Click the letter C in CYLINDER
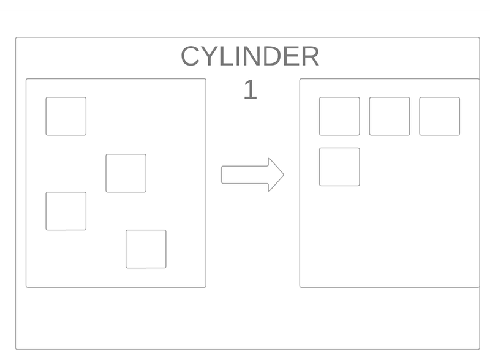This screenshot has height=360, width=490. pyautogui.click(x=190, y=56)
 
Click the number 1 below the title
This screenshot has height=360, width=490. pyautogui.click(x=251, y=89)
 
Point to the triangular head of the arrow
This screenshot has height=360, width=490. pyautogui.click(x=276, y=174)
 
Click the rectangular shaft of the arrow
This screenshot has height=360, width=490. pyautogui.click(x=245, y=174)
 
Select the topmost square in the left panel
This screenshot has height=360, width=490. pyautogui.click(x=66, y=116)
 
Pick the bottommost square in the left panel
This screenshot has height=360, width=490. pyautogui.click(x=146, y=249)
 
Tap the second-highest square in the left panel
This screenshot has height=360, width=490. pyautogui.click(x=126, y=173)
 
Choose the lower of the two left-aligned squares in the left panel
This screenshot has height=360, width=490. pyautogui.click(x=66, y=211)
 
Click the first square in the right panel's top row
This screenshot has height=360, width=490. pyautogui.click(x=339, y=116)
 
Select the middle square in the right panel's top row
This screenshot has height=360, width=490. pyautogui.click(x=390, y=116)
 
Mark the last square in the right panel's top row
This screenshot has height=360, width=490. pyautogui.click(x=439, y=116)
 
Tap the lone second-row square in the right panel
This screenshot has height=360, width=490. pyautogui.click(x=339, y=167)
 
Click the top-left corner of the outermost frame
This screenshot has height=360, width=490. pyautogui.click(x=16, y=37)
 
